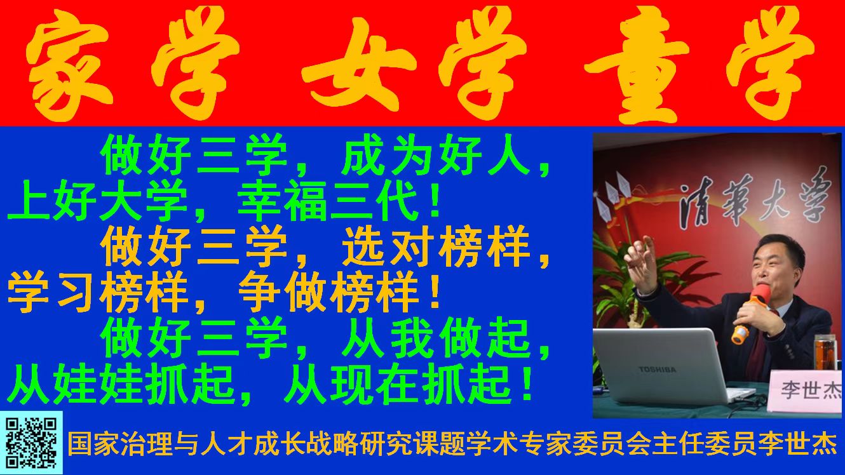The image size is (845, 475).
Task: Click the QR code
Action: [31, 443]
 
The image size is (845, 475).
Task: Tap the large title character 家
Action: [70, 63]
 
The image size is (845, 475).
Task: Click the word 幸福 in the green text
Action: [282, 204]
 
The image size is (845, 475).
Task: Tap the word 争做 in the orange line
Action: [282, 294]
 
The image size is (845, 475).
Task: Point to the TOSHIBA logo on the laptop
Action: [657, 370]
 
